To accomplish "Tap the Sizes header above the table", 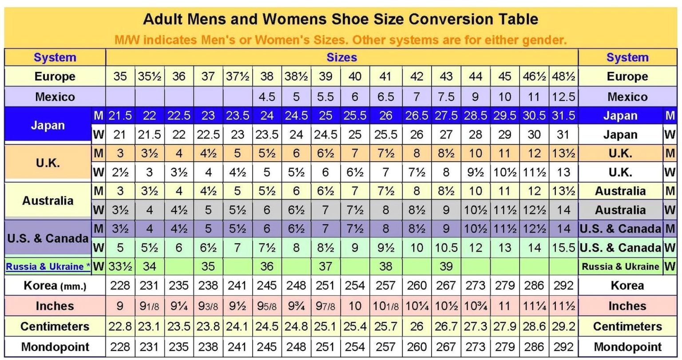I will [x=341, y=57].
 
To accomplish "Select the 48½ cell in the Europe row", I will [x=563, y=76].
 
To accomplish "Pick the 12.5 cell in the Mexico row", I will [x=563, y=97].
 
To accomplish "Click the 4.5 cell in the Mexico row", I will [x=267, y=97].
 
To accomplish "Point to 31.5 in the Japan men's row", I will [x=563, y=116].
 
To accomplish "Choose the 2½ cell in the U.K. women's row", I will [x=120, y=172].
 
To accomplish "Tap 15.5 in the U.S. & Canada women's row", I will [x=563, y=247].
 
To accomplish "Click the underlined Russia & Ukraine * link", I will [x=48, y=267].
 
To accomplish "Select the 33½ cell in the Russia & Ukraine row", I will [x=120, y=267].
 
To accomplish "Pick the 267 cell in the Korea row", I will [x=445, y=285].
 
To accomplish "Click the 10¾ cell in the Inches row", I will [x=475, y=306].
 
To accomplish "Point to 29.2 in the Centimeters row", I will [x=563, y=327].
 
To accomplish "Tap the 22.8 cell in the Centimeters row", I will [x=120, y=327].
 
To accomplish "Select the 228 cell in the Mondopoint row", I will [x=120, y=347].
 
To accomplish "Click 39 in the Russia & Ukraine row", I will [x=445, y=266].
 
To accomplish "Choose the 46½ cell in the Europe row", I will [x=534, y=76].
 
